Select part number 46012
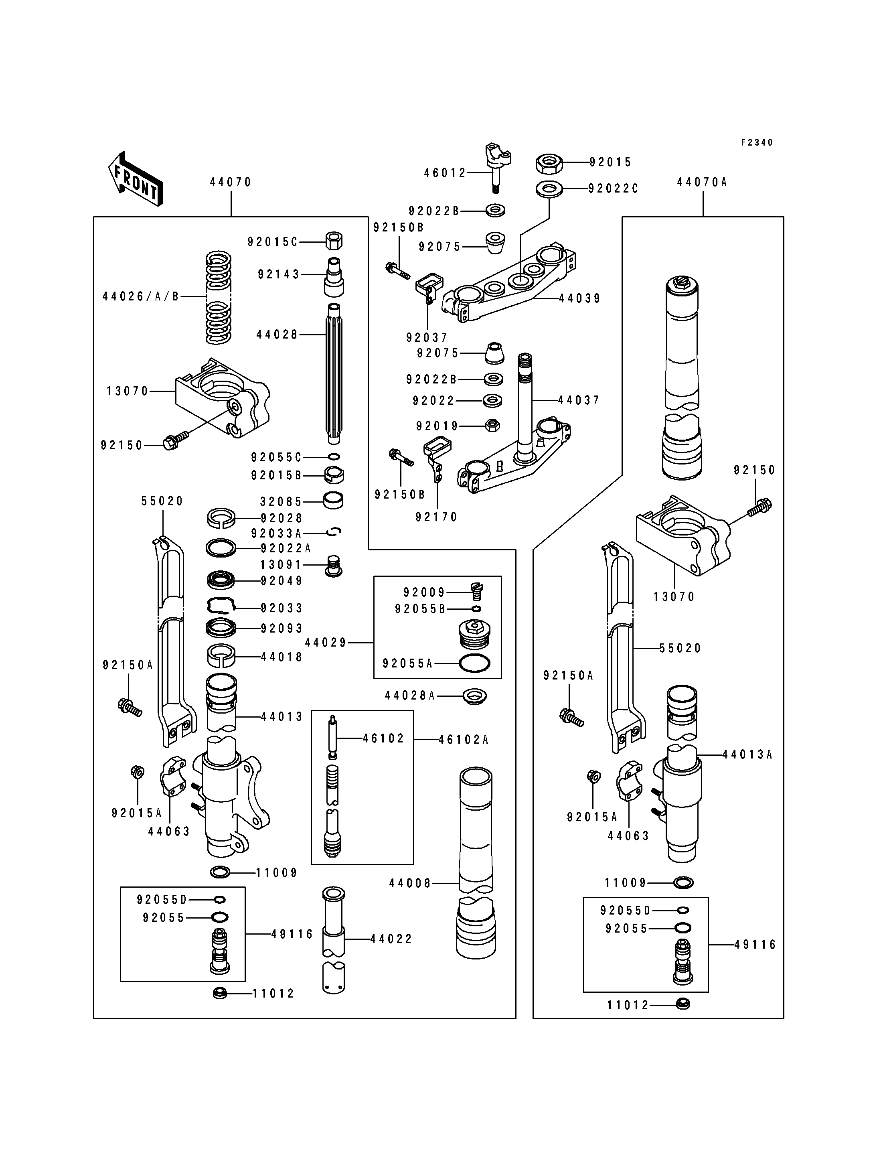coord(445,173)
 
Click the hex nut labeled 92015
coord(549,163)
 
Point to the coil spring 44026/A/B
coord(219,297)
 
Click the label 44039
coord(580,298)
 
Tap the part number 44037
coord(579,400)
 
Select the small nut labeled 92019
coord(492,425)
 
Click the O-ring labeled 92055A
coord(474,664)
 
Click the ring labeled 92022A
coord(221,548)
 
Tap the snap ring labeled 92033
coord(221,606)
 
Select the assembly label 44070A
coord(702,182)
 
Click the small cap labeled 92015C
coord(334,241)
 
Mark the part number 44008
coord(410,884)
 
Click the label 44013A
coord(747,755)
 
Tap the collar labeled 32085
coord(334,501)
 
